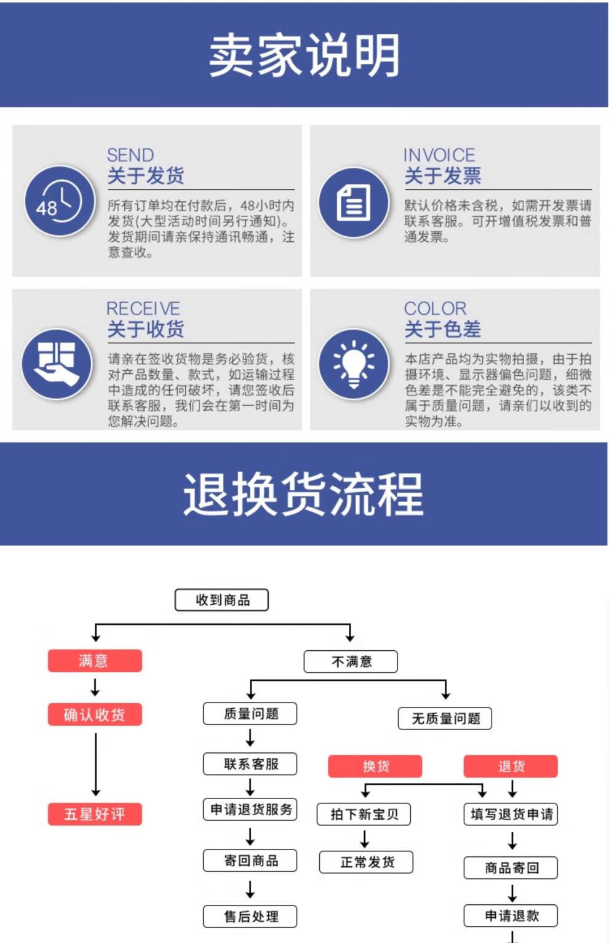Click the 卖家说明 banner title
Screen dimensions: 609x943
(304, 55)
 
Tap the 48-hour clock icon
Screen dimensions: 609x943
(59, 201)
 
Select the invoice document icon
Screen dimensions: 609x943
(354, 202)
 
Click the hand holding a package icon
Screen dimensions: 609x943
(57, 364)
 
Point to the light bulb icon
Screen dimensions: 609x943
(354, 364)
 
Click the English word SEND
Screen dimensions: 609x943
(130, 155)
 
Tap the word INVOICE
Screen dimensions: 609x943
(439, 155)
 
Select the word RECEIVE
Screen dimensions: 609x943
(143, 308)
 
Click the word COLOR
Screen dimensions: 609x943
(435, 308)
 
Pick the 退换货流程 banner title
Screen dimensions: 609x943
(304, 494)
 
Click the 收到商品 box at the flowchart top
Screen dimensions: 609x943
(222, 600)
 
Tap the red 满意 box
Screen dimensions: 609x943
(95, 661)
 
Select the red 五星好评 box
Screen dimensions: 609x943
(95, 814)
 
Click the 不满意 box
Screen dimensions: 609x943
(351, 661)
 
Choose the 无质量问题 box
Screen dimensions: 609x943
(445, 718)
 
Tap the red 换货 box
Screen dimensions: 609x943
(375, 766)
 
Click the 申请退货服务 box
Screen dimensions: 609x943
(250, 809)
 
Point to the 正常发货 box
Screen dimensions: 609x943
(366, 862)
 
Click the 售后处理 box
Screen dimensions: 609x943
(250, 916)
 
